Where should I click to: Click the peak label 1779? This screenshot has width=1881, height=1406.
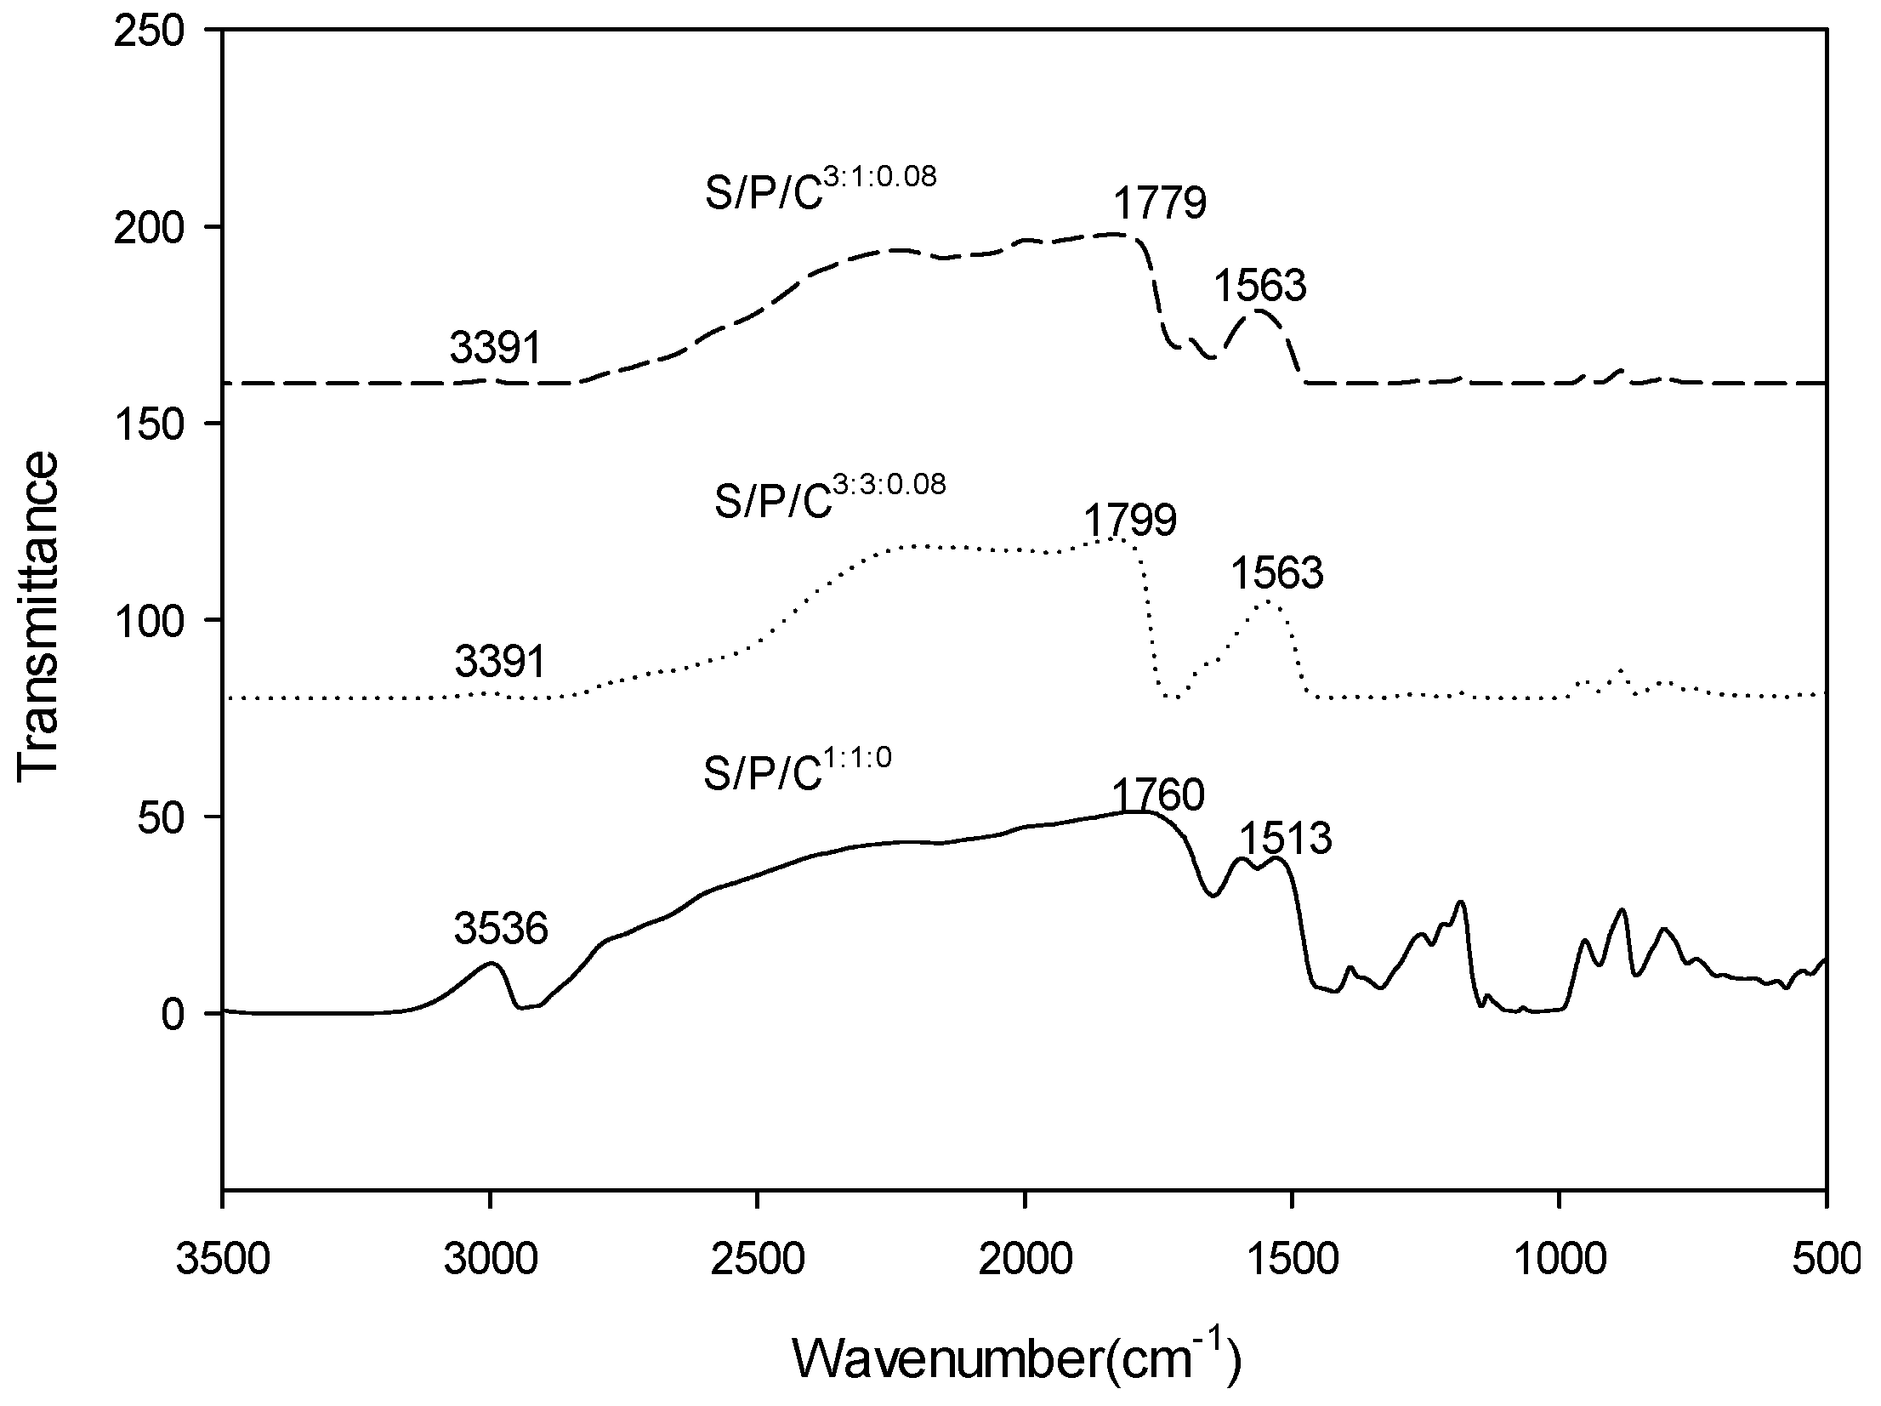tap(1160, 204)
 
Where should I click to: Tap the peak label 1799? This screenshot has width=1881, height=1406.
tap(1130, 521)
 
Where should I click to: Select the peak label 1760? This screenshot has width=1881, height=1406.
tap(1158, 796)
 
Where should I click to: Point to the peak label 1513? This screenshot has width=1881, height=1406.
tap(1285, 839)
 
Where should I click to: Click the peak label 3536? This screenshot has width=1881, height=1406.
tap(501, 929)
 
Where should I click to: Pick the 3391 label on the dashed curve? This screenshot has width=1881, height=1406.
tap(496, 348)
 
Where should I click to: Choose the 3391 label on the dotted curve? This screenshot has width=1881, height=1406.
tap(500, 661)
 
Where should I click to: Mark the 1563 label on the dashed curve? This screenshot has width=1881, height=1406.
tap(1259, 286)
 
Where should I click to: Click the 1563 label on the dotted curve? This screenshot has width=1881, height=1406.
tap(1277, 573)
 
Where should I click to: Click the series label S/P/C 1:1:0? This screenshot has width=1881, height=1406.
tap(798, 772)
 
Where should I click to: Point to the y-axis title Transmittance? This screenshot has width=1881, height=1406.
tap(38, 612)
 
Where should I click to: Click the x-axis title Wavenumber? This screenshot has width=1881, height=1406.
tap(1017, 1358)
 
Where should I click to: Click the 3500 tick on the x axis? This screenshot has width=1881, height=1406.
tap(224, 1261)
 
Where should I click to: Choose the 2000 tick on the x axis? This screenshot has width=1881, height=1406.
tap(1025, 1261)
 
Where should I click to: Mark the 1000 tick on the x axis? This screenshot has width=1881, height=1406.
tap(1559, 1261)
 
